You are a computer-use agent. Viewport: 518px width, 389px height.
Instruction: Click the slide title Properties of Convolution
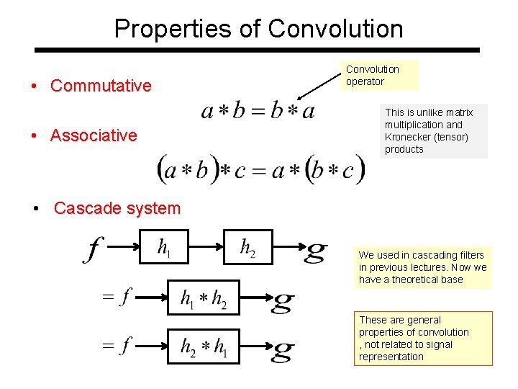[258, 29]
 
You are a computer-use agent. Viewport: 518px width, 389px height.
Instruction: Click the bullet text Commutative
[101, 86]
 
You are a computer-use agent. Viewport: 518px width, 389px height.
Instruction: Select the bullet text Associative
[94, 135]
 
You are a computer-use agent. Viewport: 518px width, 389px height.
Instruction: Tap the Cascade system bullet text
[117, 208]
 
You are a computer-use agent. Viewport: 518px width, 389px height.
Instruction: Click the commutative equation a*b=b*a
[258, 111]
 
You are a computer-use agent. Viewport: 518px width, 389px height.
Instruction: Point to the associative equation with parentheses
[260, 170]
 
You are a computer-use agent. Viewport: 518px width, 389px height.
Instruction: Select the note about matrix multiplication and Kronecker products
[434, 131]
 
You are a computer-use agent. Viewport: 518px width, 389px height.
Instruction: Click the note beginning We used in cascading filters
[422, 267]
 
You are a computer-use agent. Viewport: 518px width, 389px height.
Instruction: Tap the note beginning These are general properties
[425, 338]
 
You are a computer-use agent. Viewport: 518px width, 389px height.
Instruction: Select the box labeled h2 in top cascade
[247, 249]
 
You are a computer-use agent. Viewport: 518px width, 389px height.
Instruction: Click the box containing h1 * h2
[204, 299]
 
